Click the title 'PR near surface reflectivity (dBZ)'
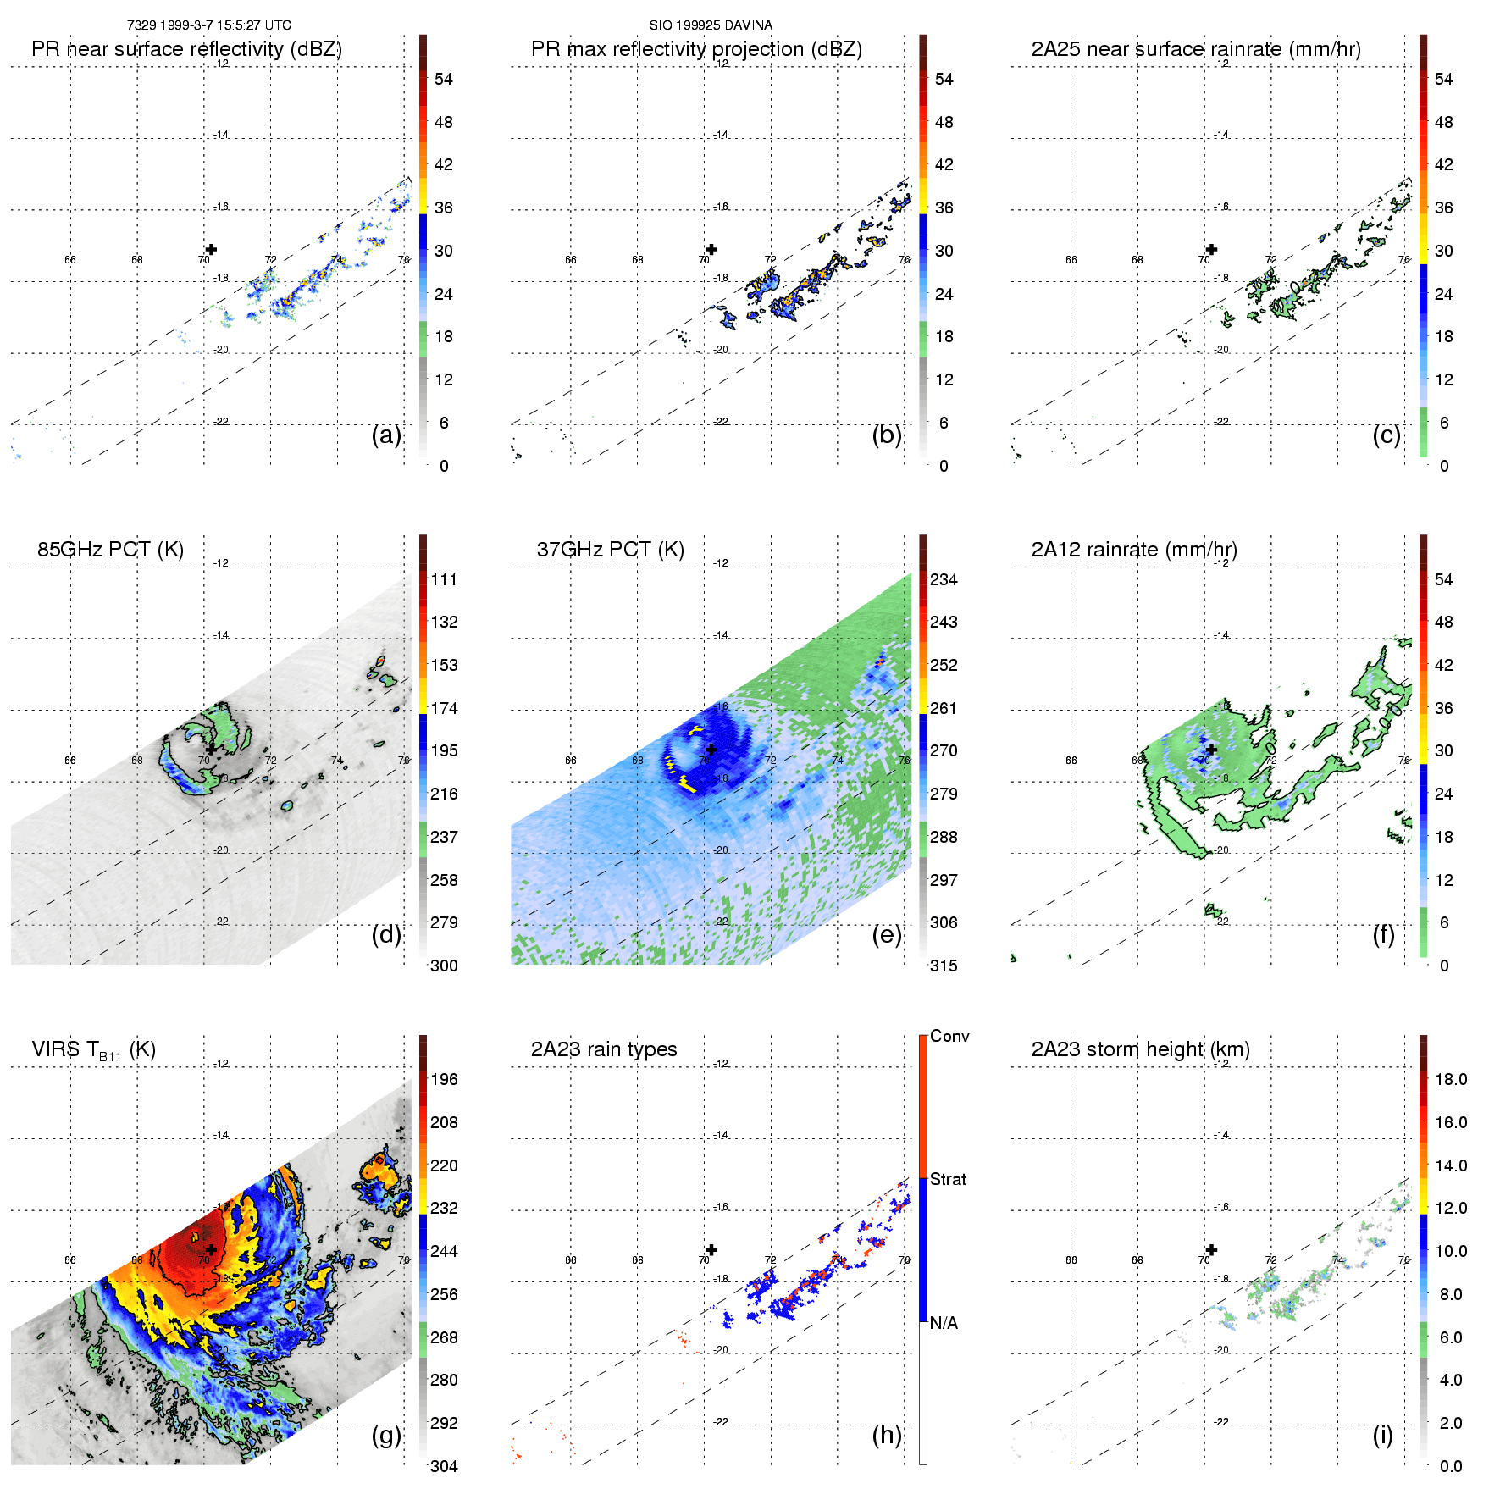click(x=186, y=49)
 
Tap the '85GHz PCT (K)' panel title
click(x=110, y=550)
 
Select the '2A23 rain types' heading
click(x=604, y=1049)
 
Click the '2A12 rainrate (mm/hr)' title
click(x=1134, y=550)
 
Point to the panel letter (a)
click(x=386, y=435)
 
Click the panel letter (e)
click(x=887, y=935)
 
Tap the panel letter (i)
click(x=1382, y=1436)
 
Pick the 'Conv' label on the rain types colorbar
click(x=949, y=1037)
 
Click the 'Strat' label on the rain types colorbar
click(x=948, y=1180)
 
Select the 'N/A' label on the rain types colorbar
click(x=944, y=1323)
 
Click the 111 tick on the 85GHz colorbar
click(x=444, y=580)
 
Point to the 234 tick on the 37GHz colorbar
click(x=944, y=580)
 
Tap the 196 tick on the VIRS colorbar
click(x=444, y=1080)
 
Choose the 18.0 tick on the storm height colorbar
click(x=1451, y=1080)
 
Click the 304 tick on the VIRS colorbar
click(x=444, y=1466)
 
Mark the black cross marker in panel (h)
click(x=711, y=1249)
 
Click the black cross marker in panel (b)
click(x=711, y=249)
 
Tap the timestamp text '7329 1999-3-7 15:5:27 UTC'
click(x=209, y=25)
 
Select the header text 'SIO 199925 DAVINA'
click(x=711, y=25)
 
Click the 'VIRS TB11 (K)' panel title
click(x=94, y=1050)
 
